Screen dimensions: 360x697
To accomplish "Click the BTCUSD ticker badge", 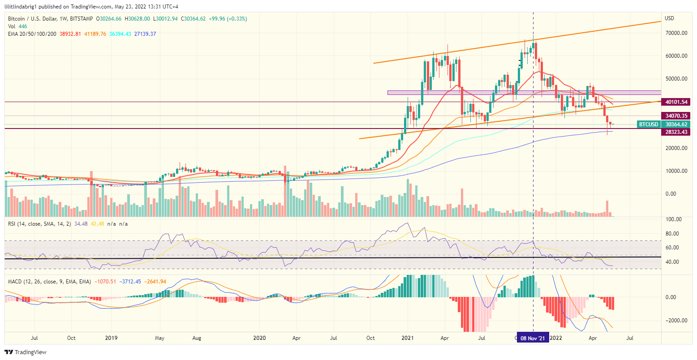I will (648, 124).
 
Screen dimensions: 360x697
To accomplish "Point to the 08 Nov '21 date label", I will (533, 339).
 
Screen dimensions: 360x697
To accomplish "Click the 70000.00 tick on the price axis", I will (676, 33).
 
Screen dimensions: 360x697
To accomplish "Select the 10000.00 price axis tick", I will (676, 171).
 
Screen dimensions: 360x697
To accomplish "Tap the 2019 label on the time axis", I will (111, 338).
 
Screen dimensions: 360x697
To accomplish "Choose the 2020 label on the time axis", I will (259, 338).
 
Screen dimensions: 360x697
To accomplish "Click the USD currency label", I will (670, 19).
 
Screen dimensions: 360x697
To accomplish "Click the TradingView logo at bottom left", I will (26, 352).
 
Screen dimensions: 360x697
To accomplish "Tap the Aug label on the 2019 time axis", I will (197, 338).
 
